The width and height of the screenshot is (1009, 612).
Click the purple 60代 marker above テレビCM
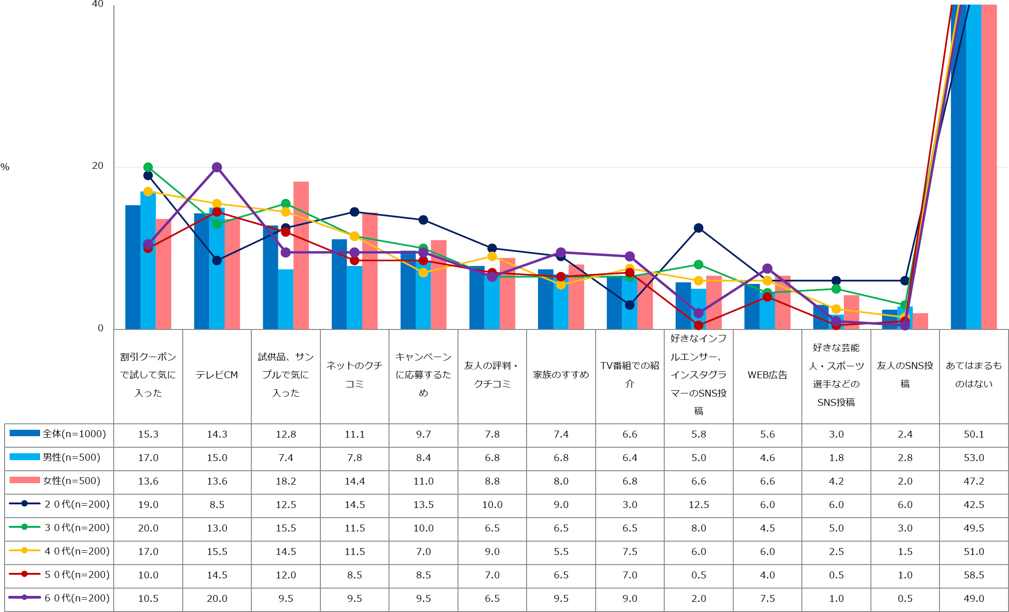(x=217, y=167)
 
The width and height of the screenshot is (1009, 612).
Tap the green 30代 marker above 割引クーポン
(x=148, y=167)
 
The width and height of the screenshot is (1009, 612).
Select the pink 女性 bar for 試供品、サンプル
(x=301, y=255)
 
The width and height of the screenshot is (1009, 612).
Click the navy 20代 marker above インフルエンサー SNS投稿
(x=699, y=228)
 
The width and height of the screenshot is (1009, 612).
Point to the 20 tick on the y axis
(x=98, y=166)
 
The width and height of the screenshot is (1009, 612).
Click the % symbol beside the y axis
(x=5, y=167)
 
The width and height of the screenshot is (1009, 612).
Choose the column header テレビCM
(x=217, y=375)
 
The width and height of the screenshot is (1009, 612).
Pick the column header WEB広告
(x=767, y=375)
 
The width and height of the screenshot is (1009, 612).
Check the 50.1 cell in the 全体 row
(x=974, y=434)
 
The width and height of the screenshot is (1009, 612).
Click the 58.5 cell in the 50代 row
(x=974, y=575)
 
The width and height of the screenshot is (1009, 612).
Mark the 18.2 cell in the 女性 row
(x=286, y=481)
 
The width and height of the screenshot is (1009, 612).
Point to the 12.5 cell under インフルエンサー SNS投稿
(x=699, y=505)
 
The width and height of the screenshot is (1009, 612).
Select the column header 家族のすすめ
(x=561, y=375)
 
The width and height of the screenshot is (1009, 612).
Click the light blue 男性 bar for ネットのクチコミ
(x=354, y=298)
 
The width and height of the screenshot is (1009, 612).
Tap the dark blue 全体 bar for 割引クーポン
(x=133, y=267)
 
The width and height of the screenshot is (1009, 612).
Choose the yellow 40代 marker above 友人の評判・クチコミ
(x=492, y=256)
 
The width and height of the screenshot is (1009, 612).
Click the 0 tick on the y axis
(x=100, y=329)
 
